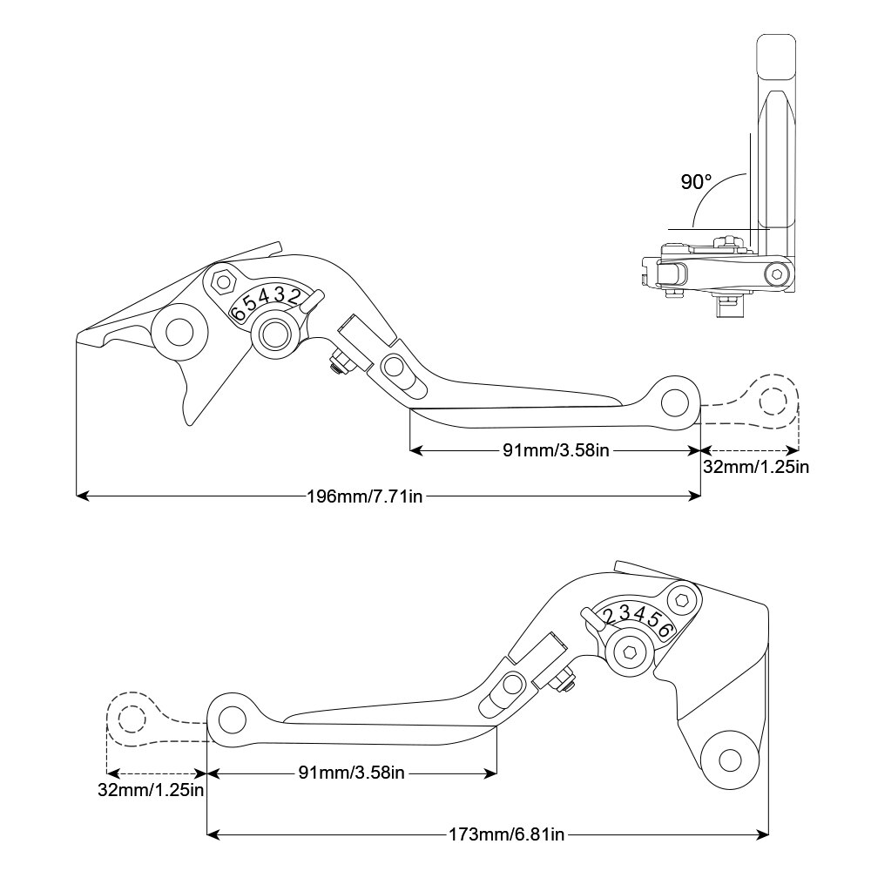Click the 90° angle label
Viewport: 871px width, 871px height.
tap(696, 182)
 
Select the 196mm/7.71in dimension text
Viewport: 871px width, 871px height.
tap(365, 496)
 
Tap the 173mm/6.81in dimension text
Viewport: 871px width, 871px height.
tap(506, 834)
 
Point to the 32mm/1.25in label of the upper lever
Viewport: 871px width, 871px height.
tap(756, 467)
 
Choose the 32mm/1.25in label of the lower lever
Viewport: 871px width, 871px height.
tap(151, 791)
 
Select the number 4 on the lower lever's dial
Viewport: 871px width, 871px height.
tap(638, 616)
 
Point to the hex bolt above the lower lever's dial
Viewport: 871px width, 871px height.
tap(682, 599)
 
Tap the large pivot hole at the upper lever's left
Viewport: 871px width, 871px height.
tap(179, 332)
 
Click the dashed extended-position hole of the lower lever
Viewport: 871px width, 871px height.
tap(132, 719)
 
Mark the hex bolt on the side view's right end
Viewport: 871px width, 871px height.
tap(774, 276)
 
